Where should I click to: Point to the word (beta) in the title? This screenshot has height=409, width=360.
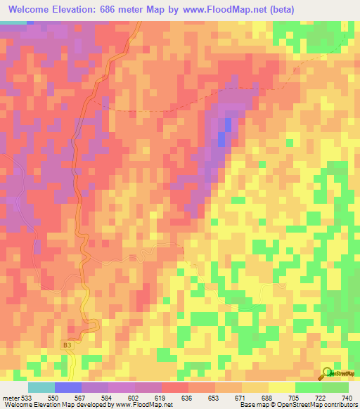coord(279,10)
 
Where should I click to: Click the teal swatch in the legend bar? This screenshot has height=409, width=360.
coord(41,387)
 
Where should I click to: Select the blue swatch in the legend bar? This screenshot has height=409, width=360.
coord(68,387)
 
